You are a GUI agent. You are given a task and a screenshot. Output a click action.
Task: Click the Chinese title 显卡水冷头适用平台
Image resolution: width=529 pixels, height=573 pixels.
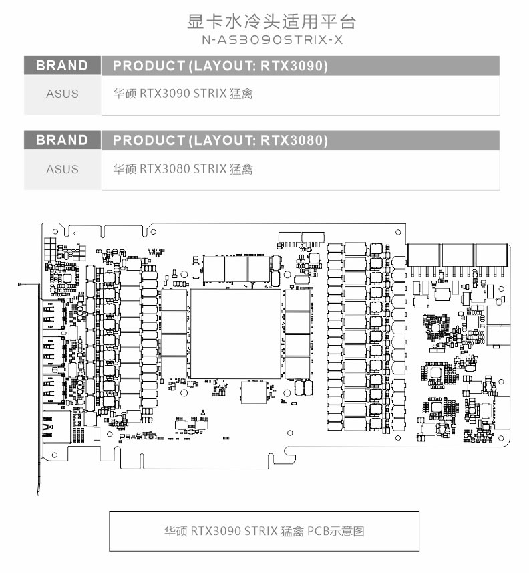coord(271,21)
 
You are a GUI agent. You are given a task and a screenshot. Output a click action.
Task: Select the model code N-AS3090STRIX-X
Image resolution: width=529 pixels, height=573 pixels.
coord(273,40)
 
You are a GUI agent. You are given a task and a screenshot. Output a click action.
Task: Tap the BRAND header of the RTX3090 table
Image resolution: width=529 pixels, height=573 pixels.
coord(62,66)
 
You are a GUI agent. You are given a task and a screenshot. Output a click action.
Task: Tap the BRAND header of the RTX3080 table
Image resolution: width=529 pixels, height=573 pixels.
coord(62,140)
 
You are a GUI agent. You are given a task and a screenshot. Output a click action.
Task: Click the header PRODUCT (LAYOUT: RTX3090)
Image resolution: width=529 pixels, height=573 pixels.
coord(220,66)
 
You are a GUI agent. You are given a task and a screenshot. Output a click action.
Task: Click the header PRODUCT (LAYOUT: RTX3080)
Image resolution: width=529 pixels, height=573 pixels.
coord(220,140)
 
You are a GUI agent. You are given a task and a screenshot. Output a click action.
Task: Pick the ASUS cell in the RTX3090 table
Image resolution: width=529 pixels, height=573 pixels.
coord(62,94)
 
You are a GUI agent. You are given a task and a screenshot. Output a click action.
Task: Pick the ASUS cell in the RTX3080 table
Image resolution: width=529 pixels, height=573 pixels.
coord(62,169)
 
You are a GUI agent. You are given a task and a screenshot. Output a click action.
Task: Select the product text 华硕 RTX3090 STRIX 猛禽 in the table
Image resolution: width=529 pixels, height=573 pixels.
coord(182,94)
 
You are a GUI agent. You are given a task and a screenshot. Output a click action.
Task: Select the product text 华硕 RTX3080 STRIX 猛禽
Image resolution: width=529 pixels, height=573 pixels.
coord(182,169)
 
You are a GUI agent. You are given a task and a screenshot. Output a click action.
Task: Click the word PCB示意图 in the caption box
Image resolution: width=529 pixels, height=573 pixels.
coord(335,531)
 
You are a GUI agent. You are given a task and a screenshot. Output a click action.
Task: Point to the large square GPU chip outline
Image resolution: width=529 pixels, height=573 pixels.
coord(236,334)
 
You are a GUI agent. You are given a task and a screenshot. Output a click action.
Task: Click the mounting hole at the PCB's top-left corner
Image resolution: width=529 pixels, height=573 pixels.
coord(55,231)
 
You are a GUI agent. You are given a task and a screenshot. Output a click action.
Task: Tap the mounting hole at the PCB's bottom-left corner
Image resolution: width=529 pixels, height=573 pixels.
coord(55,455)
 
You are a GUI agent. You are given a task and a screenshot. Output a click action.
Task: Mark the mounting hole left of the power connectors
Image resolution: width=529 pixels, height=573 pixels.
coord(398,232)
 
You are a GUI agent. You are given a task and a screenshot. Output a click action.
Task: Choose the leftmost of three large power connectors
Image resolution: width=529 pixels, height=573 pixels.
coord(423,255)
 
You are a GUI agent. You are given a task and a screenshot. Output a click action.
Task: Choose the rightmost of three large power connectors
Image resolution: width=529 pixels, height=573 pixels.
coord(492,255)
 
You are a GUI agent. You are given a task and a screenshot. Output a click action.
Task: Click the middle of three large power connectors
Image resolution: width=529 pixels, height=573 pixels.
coord(458,255)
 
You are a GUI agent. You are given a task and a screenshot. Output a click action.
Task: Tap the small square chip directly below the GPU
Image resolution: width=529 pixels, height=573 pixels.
coord(253,392)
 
